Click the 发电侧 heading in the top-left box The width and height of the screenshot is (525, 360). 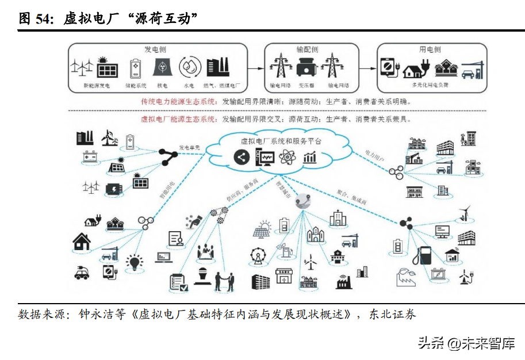155,49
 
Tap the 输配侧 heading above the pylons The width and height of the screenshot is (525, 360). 307,49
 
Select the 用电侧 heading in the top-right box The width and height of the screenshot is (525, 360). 430,49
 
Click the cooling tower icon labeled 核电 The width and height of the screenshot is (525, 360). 162,68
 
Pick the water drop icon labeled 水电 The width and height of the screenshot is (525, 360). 189,68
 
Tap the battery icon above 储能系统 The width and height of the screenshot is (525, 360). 136,68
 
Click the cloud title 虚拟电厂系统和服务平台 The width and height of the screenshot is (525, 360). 273,141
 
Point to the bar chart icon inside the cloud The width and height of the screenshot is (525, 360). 309,156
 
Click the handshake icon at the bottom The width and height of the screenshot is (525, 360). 225,281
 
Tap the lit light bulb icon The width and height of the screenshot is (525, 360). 135,263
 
